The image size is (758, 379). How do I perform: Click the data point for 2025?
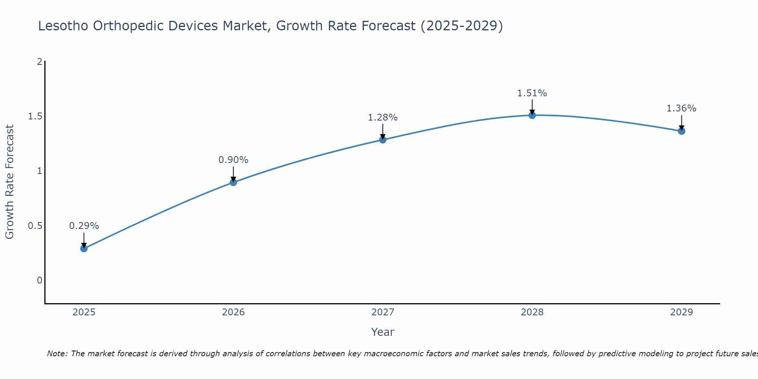(84, 249)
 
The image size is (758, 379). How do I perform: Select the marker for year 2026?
(233, 182)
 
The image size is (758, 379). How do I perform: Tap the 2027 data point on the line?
(383, 140)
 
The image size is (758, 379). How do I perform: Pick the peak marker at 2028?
(532, 115)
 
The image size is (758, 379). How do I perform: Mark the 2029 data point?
(681, 131)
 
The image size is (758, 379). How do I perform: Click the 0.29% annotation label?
(84, 226)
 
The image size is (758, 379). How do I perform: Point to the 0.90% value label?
(233, 160)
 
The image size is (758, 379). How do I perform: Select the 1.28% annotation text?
(383, 117)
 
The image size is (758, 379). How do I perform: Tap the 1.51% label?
(532, 93)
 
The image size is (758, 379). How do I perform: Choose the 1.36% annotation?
(681, 108)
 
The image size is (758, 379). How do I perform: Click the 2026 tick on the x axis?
(233, 312)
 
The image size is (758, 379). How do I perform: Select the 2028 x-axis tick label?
(532, 312)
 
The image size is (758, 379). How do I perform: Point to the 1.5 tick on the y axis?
(35, 116)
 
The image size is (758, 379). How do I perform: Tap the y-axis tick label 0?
(39, 280)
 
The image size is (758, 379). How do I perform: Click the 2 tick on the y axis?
(39, 61)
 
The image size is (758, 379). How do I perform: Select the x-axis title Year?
(383, 332)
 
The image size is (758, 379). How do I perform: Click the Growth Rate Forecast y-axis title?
(10, 182)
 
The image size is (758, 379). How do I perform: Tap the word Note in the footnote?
(56, 354)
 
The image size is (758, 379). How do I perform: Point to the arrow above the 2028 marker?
(532, 106)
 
